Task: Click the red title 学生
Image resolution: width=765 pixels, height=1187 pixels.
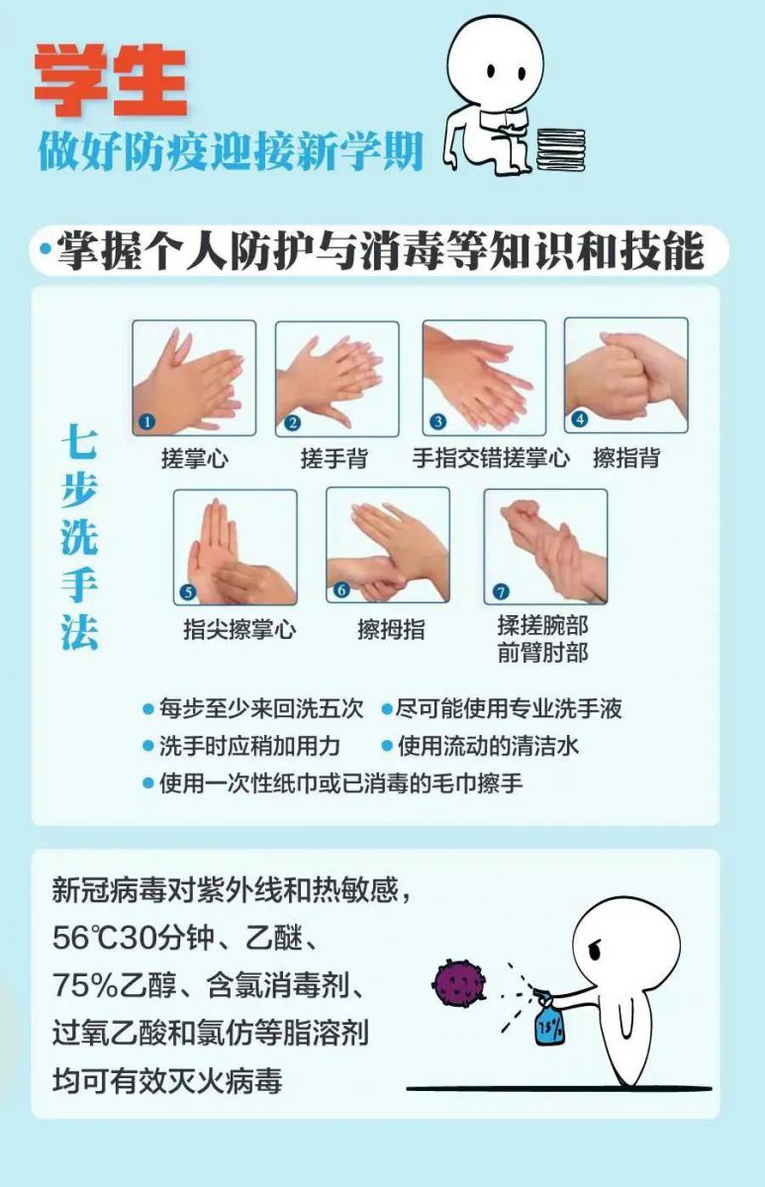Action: (111, 79)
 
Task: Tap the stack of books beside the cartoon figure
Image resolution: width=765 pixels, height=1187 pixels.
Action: (561, 149)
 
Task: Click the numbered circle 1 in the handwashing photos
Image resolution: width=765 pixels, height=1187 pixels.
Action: (146, 421)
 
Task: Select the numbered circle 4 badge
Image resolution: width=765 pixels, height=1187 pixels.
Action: (580, 419)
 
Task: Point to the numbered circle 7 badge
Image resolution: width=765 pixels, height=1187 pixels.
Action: (501, 592)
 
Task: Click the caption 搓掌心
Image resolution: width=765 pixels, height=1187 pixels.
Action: (195, 458)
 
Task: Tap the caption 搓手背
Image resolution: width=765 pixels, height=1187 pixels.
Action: (335, 458)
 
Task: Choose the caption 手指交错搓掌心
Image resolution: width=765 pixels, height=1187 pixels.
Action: (491, 458)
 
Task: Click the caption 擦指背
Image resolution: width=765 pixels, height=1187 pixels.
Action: (626, 458)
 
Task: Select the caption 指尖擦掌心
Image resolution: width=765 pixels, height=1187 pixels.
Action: (239, 629)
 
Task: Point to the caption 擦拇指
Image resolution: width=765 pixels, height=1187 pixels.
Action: (391, 629)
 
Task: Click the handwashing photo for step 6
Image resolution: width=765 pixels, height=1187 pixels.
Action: (388, 545)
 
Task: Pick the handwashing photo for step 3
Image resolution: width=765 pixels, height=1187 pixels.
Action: (485, 378)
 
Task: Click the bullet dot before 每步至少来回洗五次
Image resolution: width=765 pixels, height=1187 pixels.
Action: (148, 709)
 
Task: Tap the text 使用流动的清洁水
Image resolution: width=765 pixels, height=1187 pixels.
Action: (488, 746)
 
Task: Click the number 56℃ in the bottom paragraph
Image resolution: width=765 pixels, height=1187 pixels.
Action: (86, 938)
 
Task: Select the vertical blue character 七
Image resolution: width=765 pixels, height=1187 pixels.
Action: (79, 441)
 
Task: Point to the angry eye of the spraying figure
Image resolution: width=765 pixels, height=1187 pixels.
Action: (595, 952)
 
